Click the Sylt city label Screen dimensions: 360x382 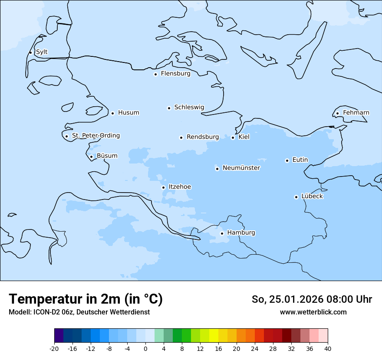click(42, 52)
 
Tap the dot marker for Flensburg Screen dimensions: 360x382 click(155, 74)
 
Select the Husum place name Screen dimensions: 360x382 click(128, 113)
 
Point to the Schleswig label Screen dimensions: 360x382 click(189, 107)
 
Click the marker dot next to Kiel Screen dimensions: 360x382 click(233, 137)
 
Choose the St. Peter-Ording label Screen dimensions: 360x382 click(95, 136)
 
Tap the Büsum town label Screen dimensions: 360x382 click(107, 156)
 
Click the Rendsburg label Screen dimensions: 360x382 click(203, 137)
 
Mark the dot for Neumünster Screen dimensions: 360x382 click(217, 169)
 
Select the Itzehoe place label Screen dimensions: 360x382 click(180, 187)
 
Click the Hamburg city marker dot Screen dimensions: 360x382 click(222, 233)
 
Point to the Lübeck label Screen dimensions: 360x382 click(312, 196)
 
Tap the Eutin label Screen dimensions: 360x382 click(300, 160)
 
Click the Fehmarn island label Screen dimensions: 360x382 click(356, 113)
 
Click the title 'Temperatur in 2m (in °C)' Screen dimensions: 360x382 click(86, 299)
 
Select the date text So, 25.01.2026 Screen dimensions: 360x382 click(286, 299)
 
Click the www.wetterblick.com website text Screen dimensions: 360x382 click(313, 312)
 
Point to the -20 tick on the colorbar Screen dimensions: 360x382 click(54, 349)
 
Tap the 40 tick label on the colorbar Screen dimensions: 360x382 click(328, 349)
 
